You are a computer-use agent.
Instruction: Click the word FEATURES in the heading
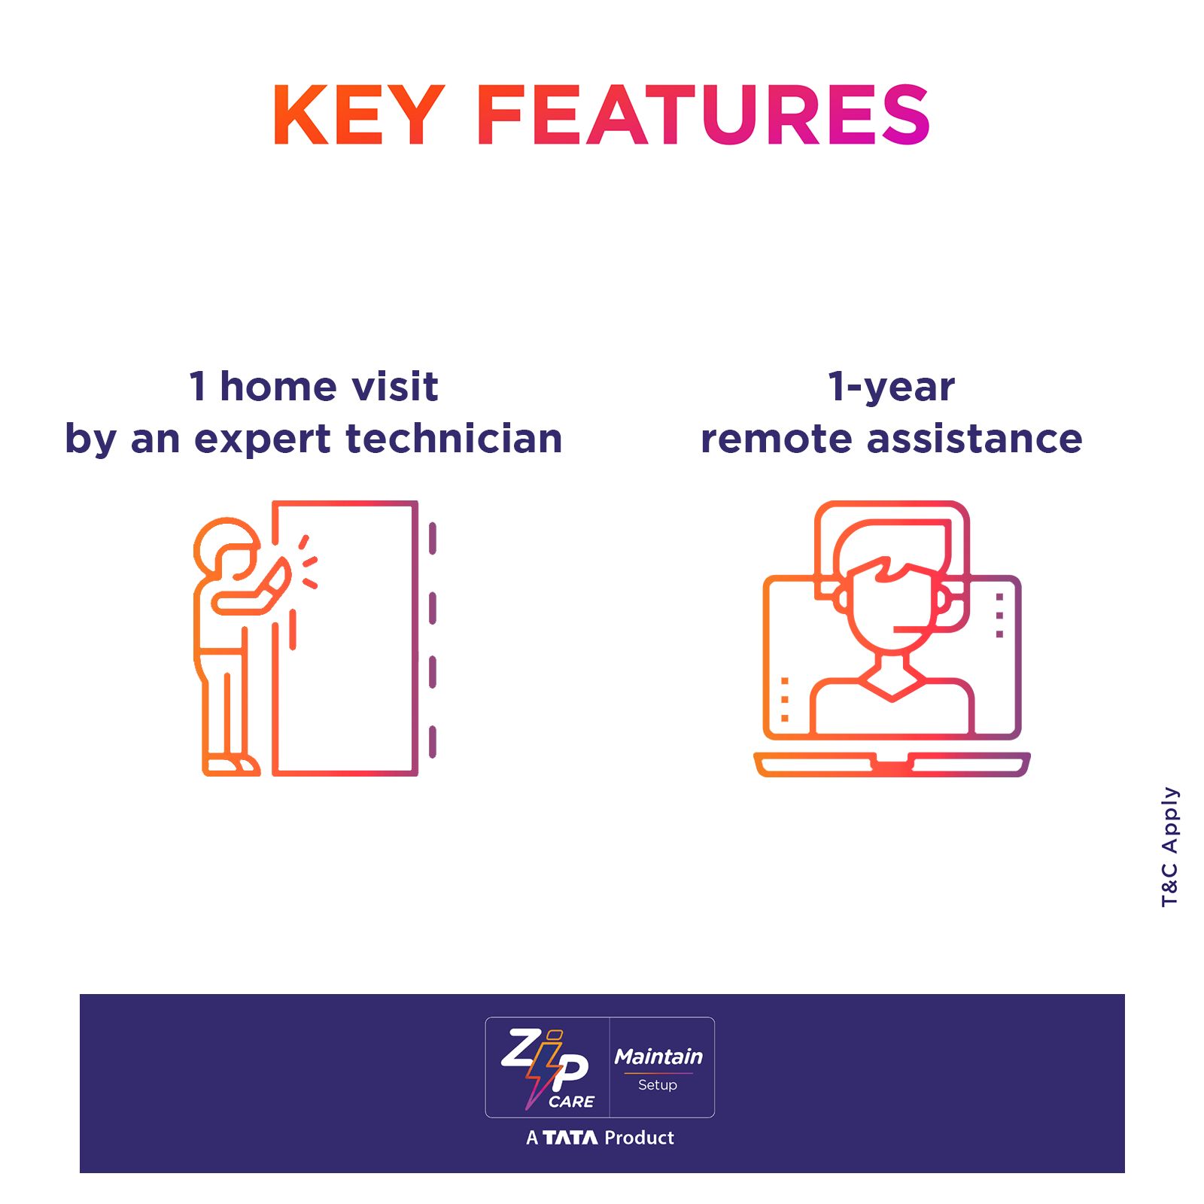tap(704, 114)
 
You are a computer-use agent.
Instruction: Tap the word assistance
tap(974, 439)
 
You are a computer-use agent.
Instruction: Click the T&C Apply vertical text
tap(1170, 847)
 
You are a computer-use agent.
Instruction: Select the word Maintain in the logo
tap(658, 1057)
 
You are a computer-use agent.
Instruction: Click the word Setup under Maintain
tap(658, 1085)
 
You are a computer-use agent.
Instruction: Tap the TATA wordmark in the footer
tap(570, 1138)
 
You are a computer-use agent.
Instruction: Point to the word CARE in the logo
tap(571, 1102)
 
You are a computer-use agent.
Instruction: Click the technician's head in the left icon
tap(227, 548)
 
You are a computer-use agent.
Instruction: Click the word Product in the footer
tap(639, 1138)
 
